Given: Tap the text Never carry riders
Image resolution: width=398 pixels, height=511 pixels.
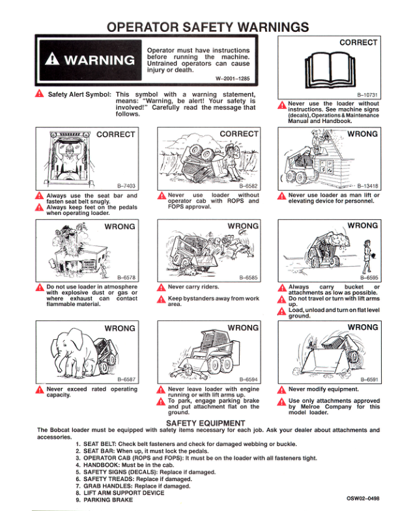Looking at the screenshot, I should click(x=193, y=286).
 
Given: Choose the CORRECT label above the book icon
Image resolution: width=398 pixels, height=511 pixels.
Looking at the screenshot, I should click(x=358, y=42).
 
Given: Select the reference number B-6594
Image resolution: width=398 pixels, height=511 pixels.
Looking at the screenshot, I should click(x=248, y=379).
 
